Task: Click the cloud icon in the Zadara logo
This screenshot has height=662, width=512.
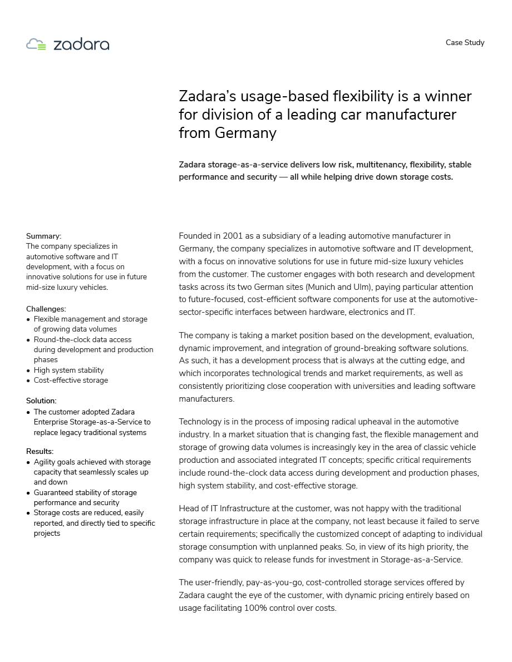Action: (36, 45)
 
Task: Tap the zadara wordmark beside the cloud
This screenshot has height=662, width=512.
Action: (81, 45)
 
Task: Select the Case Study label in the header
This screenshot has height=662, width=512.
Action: (465, 43)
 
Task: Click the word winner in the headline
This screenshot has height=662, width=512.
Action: (447, 96)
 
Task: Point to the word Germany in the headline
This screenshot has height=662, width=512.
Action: (245, 133)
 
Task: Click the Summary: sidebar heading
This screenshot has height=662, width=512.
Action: (43, 236)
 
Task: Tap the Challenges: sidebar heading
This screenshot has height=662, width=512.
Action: (46, 309)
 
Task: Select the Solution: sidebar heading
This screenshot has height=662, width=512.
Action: (41, 401)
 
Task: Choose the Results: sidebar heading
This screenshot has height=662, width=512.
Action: (40, 451)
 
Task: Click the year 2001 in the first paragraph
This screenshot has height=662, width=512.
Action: (233, 236)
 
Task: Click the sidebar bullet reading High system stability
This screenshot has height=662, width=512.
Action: (68, 370)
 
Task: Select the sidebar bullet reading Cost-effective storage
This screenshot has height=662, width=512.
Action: (71, 381)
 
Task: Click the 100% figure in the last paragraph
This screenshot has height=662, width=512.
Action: (255, 608)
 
